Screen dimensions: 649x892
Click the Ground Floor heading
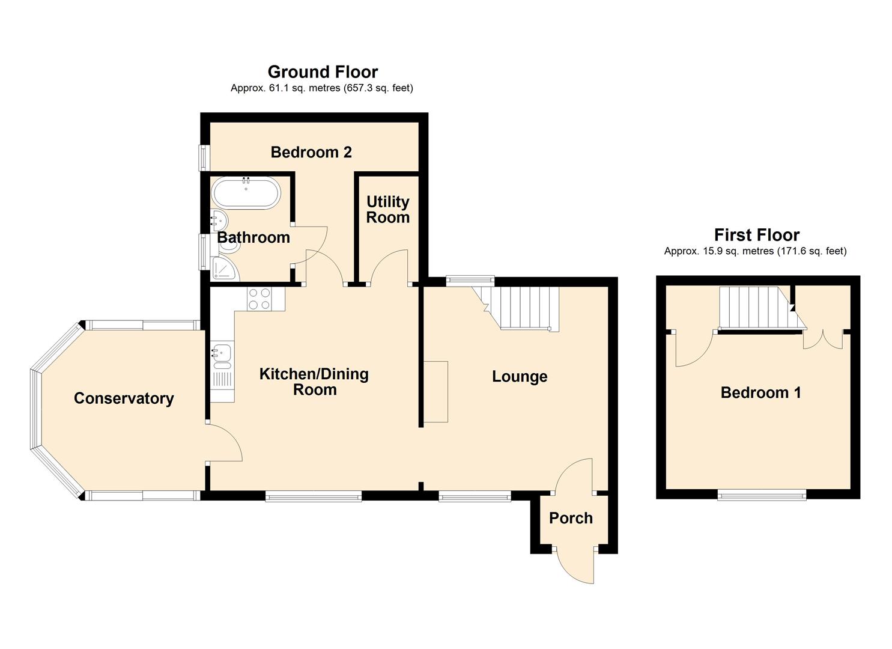tap(323, 72)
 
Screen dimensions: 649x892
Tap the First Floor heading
tap(756, 235)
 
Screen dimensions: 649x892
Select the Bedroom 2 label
tap(311, 152)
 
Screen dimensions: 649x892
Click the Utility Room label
tap(387, 209)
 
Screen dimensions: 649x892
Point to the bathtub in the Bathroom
tap(245, 192)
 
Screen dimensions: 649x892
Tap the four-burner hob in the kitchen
tap(259, 299)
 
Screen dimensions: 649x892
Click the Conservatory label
tap(124, 398)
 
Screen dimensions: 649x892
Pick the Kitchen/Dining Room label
tap(314, 382)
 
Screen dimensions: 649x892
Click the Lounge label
tap(520, 377)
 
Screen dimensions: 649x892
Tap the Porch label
tap(571, 518)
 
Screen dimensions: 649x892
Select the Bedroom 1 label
tap(760, 393)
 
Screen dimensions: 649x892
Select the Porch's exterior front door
tap(575, 565)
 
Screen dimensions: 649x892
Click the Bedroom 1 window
tap(762, 495)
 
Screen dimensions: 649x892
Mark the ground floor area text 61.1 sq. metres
tap(321, 88)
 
